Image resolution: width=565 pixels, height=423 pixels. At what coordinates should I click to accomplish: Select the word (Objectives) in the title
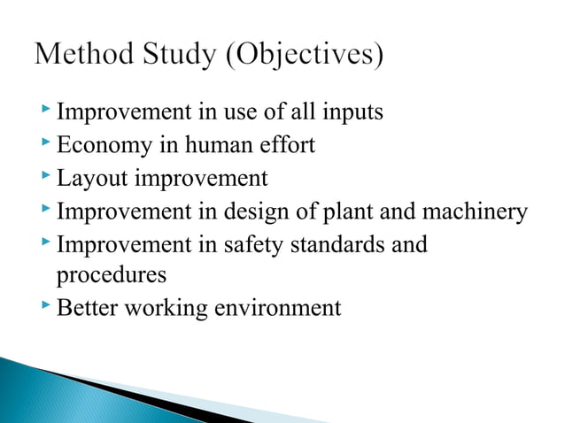pyautogui.click(x=305, y=58)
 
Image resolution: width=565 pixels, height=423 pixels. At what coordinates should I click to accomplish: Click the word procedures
pyautogui.click(x=111, y=276)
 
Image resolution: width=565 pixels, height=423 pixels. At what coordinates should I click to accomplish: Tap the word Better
pyautogui.click(x=85, y=308)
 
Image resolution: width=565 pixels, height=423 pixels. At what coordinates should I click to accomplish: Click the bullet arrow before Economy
pyautogui.click(x=45, y=143)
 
